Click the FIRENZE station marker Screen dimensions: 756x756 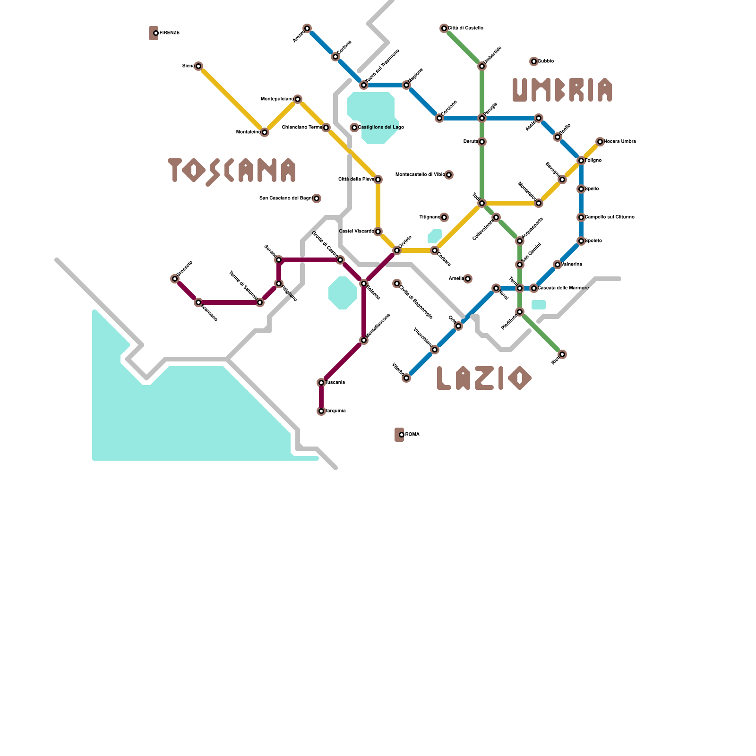point(155,33)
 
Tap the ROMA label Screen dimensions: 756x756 point(412,435)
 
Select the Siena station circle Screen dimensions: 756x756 point(198,66)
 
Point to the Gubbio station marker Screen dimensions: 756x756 point(534,61)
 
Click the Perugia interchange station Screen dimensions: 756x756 point(482,118)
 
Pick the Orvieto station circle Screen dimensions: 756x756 point(397,250)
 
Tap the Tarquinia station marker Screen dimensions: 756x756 point(321,411)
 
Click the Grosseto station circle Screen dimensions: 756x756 point(175,279)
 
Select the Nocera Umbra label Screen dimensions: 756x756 point(620,142)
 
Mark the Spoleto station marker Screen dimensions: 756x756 point(581,241)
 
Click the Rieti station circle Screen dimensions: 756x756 point(562,354)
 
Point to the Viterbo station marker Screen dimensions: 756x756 point(406,378)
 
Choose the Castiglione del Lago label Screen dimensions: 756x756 point(381,128)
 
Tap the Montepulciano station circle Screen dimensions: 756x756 point(298,99)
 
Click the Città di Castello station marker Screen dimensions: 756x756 point(444,28)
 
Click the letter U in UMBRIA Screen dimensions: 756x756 point(520,90)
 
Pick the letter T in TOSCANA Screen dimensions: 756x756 point(175,169)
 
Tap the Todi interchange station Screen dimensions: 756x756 point(482,203)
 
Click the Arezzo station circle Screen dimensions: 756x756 point(307,28)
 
